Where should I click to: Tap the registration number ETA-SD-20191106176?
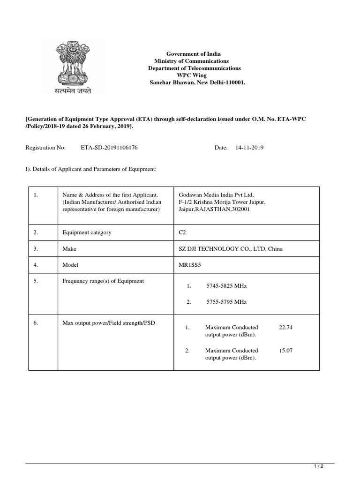109,148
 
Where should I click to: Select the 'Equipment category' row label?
87,232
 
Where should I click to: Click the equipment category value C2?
183,232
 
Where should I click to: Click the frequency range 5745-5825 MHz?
226,285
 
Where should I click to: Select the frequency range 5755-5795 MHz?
226,302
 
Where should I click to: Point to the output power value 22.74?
285,328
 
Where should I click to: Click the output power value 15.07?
285,351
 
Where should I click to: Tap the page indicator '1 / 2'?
318,466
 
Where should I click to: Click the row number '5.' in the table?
36,281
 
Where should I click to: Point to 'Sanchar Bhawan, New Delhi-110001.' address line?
197,82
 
